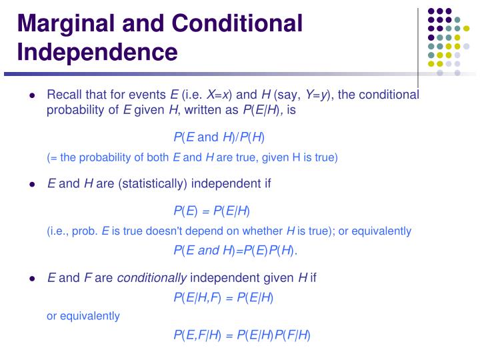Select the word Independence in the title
[97, 51]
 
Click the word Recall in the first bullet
[64, 95]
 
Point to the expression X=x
[220, 95]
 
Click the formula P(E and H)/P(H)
[219, 137]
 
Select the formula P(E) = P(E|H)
[211, 211]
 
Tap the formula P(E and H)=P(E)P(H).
[235, 251]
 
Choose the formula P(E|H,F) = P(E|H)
[223, 297]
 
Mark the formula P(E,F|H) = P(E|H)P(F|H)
[241, 335]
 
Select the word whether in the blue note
[264, 231]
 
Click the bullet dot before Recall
[32, 95]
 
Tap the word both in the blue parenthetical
[157, 158]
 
